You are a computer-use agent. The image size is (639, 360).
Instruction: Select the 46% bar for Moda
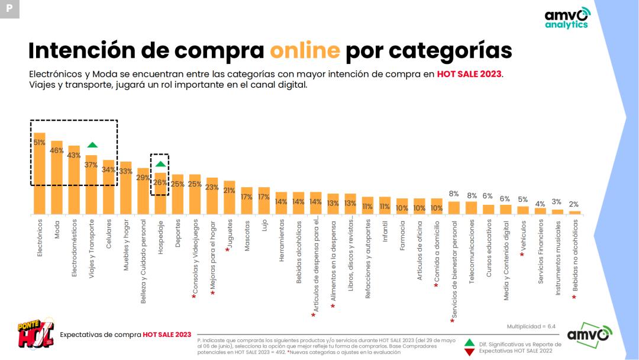pos(57,177)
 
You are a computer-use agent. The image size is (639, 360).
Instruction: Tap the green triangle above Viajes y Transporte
pos(92,145)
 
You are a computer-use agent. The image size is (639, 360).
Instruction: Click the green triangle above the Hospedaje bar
pos(160,164)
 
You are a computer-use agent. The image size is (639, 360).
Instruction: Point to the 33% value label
pos(126,171)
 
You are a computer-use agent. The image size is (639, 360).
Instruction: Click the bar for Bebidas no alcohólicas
pos(574,212)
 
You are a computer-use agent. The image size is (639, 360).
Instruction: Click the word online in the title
pos(305,51)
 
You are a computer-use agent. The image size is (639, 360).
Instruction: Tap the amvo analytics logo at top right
pos(567,18)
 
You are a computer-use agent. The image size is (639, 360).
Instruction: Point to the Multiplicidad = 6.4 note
pos(531,326)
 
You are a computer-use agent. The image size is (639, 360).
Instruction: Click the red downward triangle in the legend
pos(469,352)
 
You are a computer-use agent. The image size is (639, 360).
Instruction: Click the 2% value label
pos(574,204)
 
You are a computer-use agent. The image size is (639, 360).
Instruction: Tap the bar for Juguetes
pos(230,197)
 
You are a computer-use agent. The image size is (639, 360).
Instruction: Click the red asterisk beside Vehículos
pos(522,255)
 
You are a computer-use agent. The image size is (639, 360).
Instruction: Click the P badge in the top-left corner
pos(9,9)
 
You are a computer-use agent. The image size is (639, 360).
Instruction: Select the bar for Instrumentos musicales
pos(557,211)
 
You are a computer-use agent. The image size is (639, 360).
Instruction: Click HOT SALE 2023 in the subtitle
pos(469,75)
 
